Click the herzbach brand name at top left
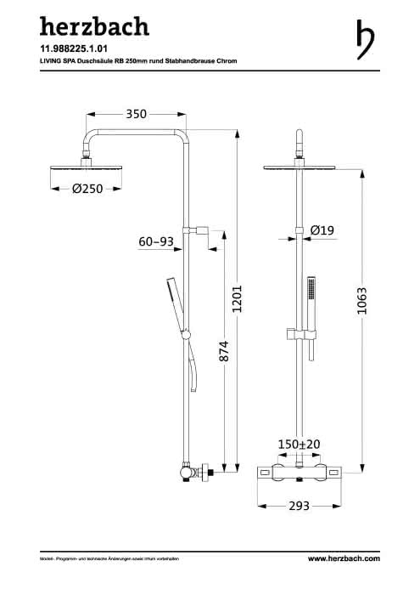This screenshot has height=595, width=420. (x=94, y=26)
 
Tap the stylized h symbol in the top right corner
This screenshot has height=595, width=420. (x=366, y=39)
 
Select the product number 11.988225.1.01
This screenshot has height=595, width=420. (x=74, y=48)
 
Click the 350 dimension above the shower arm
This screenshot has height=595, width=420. (x=136, y=114)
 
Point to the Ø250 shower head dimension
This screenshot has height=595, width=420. (x=87, y=189)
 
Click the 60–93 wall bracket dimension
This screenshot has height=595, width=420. (x=156, y=241)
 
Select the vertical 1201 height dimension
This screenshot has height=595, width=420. (x=237, y=299)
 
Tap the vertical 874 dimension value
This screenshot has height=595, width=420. (x=224, y=351)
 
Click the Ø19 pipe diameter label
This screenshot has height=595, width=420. (x=322, y=230)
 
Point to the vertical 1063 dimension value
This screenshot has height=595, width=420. (x=362, y=301)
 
